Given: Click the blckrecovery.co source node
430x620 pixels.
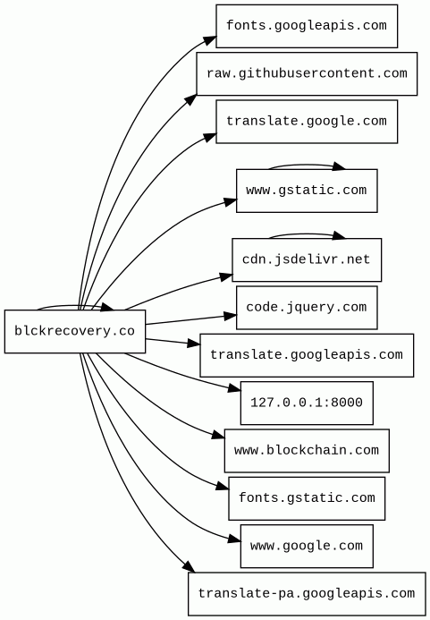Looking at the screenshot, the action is [x=75, y=331].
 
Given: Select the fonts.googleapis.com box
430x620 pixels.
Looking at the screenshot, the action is [x=307, y=26].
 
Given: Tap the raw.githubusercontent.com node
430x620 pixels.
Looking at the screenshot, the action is [x=307, y=74].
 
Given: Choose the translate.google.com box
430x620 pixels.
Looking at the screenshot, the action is [x=307, y=122].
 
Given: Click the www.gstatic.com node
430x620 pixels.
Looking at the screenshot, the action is [x=307, y=191].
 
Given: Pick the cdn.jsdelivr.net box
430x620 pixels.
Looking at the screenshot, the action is [x=307, y=260].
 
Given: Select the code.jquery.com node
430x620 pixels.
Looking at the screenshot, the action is [x=307, y=308].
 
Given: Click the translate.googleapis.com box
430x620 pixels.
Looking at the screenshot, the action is [x=307, y=355].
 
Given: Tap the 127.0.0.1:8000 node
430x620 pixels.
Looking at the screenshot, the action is [x=307, y=403].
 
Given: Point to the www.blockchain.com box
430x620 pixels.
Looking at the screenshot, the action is [x=307, y=451].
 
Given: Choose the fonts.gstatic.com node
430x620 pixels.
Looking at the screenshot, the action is [x=307, y=498].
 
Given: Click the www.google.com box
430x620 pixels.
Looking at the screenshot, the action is [x=307, y=547].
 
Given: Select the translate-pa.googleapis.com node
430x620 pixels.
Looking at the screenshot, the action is [x=307, y=594].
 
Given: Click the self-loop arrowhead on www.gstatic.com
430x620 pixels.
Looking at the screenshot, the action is [x=338, y=166].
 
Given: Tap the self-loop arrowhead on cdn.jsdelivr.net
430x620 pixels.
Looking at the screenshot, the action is [x=338, y=235].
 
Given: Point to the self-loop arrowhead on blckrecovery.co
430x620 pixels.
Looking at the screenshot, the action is [x=107, y=307].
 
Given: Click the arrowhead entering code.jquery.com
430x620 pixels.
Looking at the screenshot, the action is [x=230, y=316].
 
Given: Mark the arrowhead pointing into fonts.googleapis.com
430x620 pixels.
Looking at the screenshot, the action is [x=210, y=40].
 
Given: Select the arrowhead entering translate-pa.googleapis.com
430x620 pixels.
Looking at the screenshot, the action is [x=189, y=566].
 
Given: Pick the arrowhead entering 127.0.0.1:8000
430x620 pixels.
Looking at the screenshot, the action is [x=234, y=389].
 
